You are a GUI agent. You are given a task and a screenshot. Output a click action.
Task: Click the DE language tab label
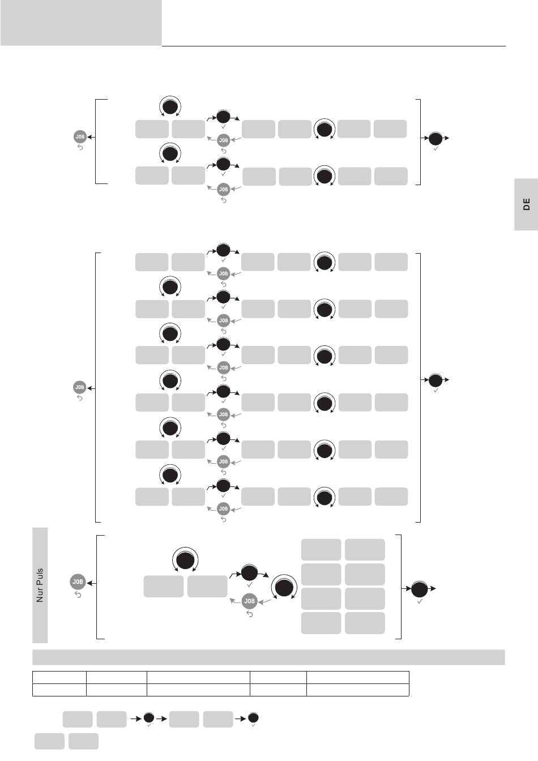(527, 204)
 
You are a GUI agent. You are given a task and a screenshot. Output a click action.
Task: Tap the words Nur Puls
(40, 585)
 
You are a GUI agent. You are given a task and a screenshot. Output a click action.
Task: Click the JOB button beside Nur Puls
(78, 582)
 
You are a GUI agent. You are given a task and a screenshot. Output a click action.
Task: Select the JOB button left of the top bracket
(80, 136)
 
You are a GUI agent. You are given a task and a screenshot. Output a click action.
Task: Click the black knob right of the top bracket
(435, 138)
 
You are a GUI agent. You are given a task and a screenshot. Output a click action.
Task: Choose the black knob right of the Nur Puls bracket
(420, 589)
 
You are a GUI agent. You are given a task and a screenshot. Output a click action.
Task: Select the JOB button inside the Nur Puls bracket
(250, 601)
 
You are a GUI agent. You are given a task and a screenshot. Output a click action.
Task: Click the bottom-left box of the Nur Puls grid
(321, 623)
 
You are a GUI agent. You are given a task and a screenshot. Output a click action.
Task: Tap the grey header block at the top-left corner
(81, 23)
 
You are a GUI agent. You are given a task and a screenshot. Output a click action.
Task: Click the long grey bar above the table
(268, 657)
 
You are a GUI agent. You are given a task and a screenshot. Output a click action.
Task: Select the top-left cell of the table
(59, 677)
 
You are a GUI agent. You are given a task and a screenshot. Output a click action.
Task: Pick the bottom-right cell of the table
(357, 690)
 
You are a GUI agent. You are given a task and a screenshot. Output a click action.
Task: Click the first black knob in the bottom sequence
(149, 718)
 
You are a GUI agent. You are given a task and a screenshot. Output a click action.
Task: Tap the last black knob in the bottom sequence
(254, 718)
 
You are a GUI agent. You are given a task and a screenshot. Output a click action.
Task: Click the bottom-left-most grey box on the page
(49, 741)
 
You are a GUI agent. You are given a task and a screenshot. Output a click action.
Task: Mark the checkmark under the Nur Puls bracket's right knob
(420, 602)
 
